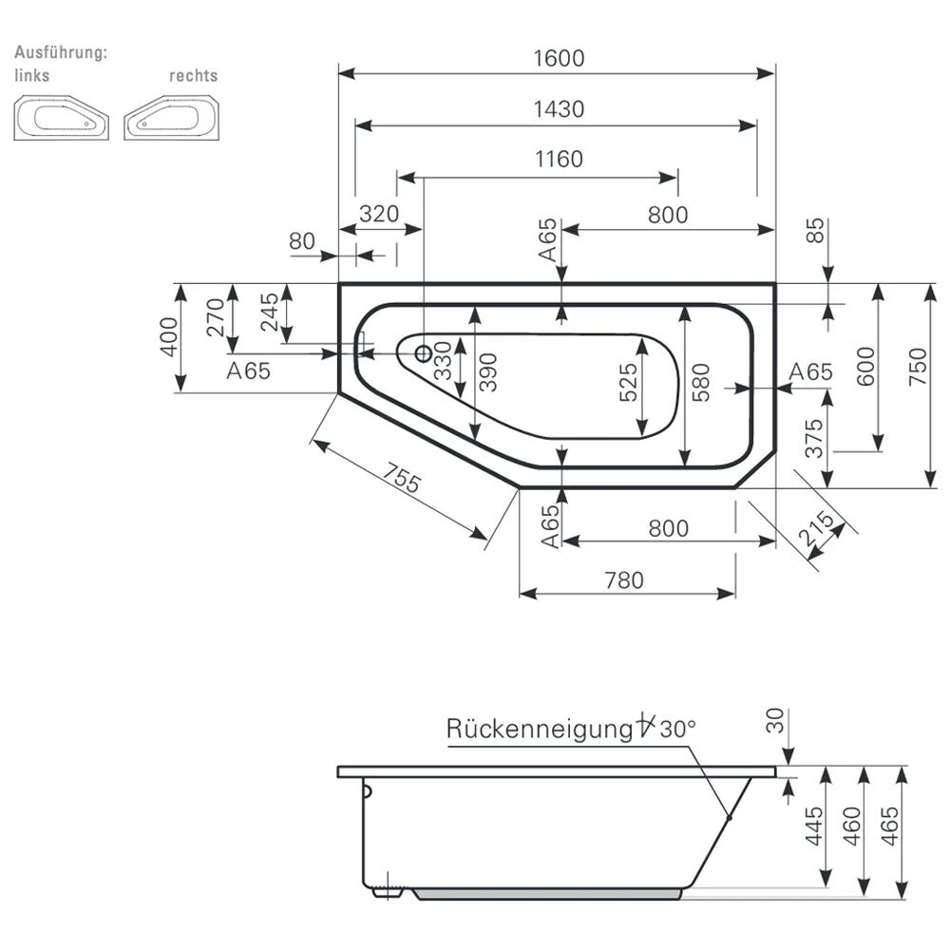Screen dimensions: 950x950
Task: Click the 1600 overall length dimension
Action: [x=558, y=58]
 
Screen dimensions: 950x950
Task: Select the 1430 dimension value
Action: [x=558, y=109]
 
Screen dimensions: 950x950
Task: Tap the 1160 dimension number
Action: [x=558, y=159]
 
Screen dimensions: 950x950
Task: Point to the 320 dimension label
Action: [x=379, y=214]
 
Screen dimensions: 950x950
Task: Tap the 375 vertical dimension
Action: [x=815, y=440]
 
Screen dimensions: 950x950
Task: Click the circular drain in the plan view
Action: [x=424, y=352]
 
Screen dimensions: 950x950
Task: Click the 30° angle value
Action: [x=678, y=730]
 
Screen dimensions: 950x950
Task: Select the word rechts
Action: [x=193, y=75]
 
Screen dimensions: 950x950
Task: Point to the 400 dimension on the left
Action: [x=168, y=336]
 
